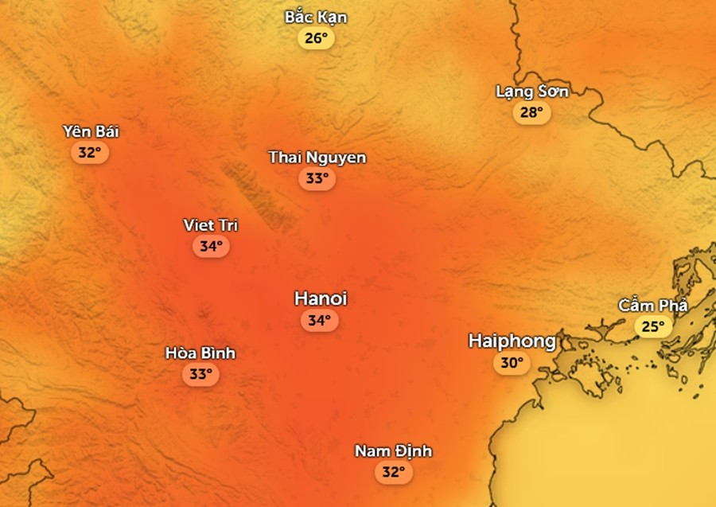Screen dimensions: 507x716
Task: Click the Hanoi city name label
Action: click(321, 298)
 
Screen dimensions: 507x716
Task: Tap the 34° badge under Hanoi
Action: click(319, 321)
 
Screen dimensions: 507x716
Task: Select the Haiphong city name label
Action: click(512, 341)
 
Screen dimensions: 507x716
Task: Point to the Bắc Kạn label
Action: click(316, 17)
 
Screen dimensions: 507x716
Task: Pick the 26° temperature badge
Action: click(316, 38)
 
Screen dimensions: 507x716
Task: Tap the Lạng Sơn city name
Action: click(531, 92)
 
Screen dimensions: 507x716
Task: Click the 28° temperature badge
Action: click(531, 113)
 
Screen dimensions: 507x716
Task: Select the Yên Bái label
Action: click(91, 131)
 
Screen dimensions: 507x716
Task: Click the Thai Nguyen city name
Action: click(317, 158)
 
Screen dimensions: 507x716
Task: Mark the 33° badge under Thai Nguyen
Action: click(317, 179)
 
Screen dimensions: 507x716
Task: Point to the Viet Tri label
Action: click(210, 225)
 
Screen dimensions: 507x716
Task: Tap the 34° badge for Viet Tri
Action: click(210, 247)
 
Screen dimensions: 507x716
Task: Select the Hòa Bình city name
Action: click(200, 353)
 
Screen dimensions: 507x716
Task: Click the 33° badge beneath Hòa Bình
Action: click(200, 374)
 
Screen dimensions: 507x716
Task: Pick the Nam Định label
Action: click(393, 451)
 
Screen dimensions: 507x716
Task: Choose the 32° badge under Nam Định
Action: click(393, 473)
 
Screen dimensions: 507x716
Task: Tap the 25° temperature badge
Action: click(652, 326)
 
